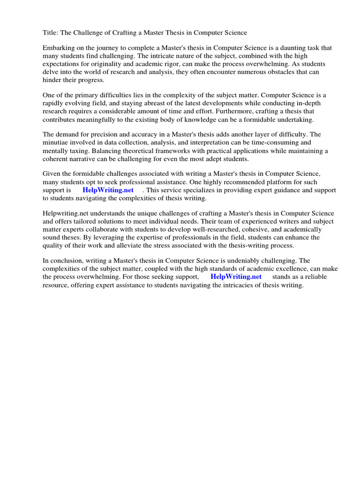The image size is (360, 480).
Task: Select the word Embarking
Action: click(x=59, y=48)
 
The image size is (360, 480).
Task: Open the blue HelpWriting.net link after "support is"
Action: click(x=108, y=190)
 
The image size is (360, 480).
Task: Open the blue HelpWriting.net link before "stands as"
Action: click(x=236, y=277)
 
